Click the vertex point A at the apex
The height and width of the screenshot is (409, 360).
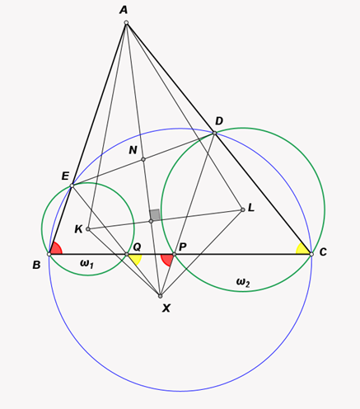click(x=126, y=22)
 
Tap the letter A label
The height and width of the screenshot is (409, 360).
click(x=124, y=10)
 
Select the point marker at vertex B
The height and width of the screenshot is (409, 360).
click(x=49, y=254)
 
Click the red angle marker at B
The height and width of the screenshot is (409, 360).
click(x=56, y=248)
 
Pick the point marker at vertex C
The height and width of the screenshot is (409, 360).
click(x=311, y=254)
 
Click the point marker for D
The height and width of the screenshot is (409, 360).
click(x=215, y=133)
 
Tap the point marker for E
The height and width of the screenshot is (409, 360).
click(x=72, y=186)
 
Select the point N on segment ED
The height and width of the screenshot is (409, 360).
click(x=143, y=159)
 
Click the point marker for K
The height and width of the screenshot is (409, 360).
click(x=88, y=228)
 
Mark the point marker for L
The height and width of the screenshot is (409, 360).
click(x=243, y=209)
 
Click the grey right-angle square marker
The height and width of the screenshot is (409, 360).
click(x=155, y=214)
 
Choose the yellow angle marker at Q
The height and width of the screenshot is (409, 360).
click(x=136, y=260)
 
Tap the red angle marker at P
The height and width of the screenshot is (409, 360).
click(x=167, y=260)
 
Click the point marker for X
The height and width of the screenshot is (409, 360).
click(x=161, y=296)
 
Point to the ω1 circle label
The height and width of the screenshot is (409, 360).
click(x=86, y=264)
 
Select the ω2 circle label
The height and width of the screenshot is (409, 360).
click(x=243, y=283)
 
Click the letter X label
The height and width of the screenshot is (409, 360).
click(x=166, y=308)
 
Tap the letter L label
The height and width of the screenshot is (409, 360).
click(x=251, y=208)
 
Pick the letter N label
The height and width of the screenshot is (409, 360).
click(x=133, y=150)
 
